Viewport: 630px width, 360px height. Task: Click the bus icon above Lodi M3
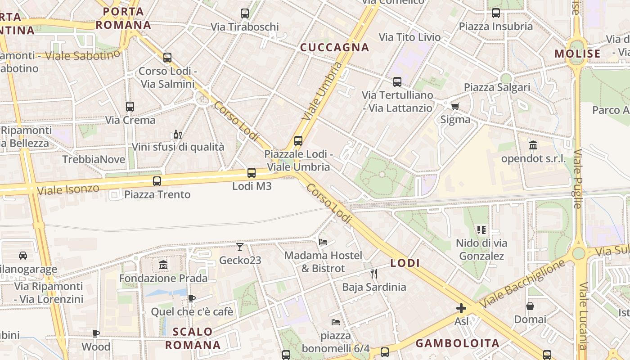click(252, 173)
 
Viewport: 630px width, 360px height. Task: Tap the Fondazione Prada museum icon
click(163, 265)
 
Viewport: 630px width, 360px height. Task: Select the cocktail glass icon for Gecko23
click(240, 247)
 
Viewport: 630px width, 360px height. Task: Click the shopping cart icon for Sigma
click(455, 107)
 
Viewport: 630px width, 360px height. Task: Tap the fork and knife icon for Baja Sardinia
click(373, 273)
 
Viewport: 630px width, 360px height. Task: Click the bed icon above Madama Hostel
click(323, 242)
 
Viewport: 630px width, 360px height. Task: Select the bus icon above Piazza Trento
click(157, 181)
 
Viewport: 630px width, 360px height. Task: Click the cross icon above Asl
click(461, 308)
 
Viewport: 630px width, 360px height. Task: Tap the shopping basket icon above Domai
click(530, 306)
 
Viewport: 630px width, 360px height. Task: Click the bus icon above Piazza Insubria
click(495, 13)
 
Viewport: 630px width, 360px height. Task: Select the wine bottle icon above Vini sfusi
click(177, 134)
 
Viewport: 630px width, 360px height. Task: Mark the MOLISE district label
click(577, 54)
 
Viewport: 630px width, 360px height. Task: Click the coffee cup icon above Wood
click(96, 333)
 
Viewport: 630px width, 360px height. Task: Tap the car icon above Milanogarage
click(22, 256)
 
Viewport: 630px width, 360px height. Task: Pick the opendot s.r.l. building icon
click(533, 145)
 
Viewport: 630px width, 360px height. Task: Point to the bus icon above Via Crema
click(130, 107)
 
